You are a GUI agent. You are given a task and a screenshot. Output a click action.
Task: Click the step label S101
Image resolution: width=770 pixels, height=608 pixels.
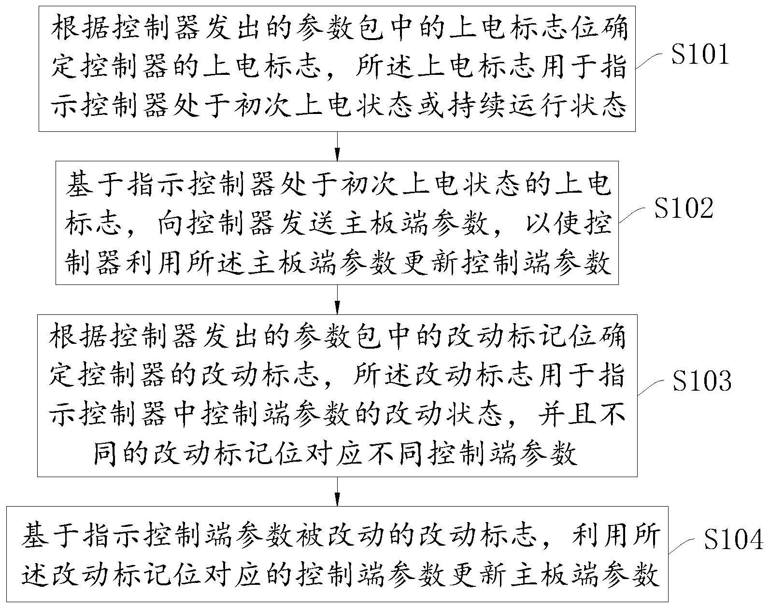[x=700, y=55]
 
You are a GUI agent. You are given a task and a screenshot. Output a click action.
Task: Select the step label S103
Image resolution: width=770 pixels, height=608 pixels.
[x=702, y=381]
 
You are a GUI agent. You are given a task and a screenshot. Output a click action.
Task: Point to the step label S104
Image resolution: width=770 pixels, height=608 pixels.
[x=733, y=539]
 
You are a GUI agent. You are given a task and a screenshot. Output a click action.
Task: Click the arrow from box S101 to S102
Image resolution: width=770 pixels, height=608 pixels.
[x=337, y=146]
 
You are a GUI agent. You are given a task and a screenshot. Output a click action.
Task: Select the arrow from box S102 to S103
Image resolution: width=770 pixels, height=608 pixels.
[x=337, y=299]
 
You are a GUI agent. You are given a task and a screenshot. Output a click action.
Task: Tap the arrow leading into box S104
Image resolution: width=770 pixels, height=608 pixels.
[x=337, y=492]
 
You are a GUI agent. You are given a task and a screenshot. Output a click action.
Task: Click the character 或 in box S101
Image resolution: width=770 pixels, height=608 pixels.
[x=430, y=105]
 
